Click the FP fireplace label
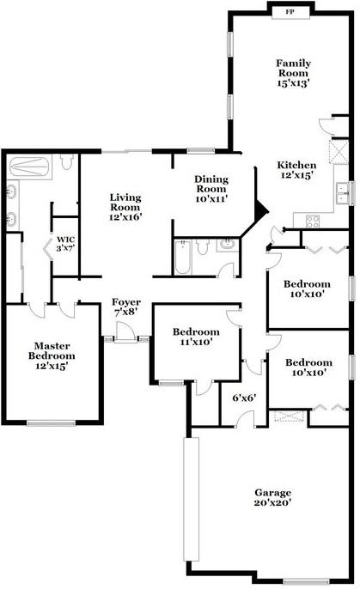(x=290, y=12)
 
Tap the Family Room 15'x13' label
(x=293, y=73)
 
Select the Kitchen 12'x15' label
(x=296, y=170)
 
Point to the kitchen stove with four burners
(x=313, y=222)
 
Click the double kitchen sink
(x=342, y=192)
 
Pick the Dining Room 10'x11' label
(x=211, y=189)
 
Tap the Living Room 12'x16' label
(x=125, y=207)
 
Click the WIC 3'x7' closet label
(x=66, y=244)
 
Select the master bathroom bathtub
(x=29, y=167)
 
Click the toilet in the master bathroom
(x=67, y=162)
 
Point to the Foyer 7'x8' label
(x=126, y=307)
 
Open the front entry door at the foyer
(x=125, y=332)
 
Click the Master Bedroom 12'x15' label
(x=52, y=355)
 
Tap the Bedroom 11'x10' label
(x=196, y=337)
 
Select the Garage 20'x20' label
(x=273, y=497)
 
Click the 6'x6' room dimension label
(x=244, y=398)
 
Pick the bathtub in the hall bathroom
(x=183, y=258)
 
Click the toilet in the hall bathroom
(x=203, y=247)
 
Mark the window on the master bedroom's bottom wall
(x=51, y=423)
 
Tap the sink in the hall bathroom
(x=227, y=246)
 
